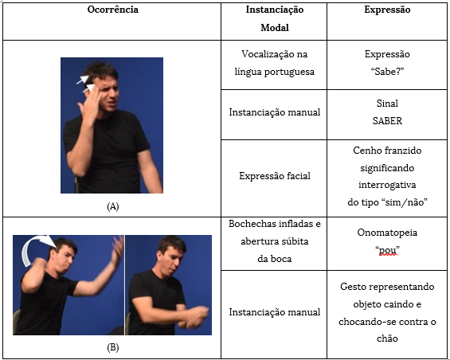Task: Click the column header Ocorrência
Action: coord(113,10)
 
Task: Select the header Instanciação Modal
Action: coord(275,18)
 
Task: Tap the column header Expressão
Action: coord(387,10)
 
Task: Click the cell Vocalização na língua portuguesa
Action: coord(275,63)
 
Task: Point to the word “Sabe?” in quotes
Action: coord(387,72)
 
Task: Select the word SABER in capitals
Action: coord(387,121)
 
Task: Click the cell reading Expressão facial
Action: coord(275,176)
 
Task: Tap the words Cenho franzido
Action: coord(387,151)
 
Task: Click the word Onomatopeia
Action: coord(387,233)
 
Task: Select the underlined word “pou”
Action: coord(387,250)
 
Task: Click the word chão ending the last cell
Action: coord(387,338)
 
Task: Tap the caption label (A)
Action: coord(113,206)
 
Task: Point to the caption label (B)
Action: coord(113,348)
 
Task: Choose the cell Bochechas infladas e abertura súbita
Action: coord(275,241)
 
